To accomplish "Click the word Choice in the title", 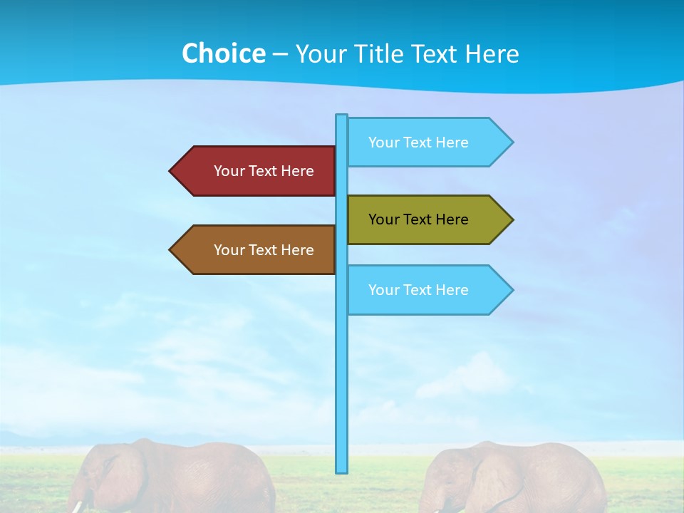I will coord(223,53).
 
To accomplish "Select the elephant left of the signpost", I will coord(178,477).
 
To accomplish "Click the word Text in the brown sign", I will coord(264,250).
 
